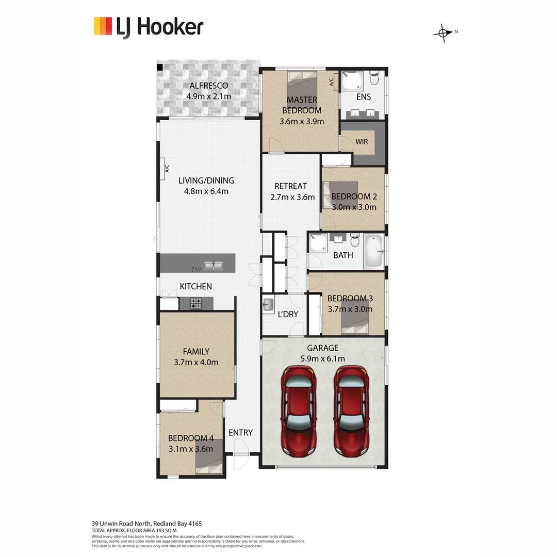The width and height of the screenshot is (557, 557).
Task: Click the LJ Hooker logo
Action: coord(149,27)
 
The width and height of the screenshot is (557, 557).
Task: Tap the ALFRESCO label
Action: coord(208,86)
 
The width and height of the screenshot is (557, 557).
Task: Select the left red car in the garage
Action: coord(299,411)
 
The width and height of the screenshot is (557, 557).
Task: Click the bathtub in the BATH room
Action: coord(374,252)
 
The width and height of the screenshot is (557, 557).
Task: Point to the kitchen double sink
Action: coord(214,267)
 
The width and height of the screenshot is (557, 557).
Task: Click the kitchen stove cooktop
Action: coord(195,304)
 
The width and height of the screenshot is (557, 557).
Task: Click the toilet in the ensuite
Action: coord(374,79)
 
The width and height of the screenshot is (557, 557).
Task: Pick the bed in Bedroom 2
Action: coord(340,193)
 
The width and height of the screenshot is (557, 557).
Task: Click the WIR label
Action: coord(362,141)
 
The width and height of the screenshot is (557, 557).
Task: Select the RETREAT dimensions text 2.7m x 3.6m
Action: coord(292,197)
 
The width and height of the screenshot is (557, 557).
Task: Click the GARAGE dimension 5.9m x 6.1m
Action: coord(323,359)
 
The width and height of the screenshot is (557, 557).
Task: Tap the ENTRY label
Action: coord(240,433)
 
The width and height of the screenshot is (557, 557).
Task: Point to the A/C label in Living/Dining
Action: coord(167,169)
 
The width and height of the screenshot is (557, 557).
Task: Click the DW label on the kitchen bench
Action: coord(195,269)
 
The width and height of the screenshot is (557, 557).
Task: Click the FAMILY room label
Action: coord(196,352)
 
